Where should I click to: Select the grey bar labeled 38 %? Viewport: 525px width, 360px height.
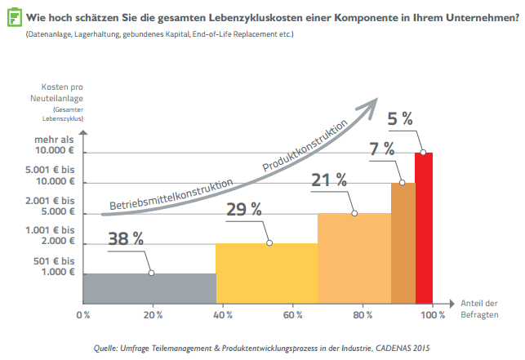pos(149,287)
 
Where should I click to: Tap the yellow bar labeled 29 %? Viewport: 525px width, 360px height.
pos(266,273)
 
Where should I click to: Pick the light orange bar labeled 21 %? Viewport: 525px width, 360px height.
pos(354,257)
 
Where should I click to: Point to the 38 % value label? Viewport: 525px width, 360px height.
pos(126,239)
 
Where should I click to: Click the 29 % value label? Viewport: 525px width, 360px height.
pos(244,209)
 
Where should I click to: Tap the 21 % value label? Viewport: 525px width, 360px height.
pos(330,180)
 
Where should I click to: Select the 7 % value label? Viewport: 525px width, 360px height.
pos(381,149)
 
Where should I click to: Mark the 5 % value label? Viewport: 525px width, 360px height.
pos(399,118)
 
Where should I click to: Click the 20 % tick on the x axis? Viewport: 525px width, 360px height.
pos(152,314)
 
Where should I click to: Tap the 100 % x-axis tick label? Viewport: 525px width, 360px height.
pos(433,314)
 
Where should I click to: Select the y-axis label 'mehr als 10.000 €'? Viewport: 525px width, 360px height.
pos(55,145)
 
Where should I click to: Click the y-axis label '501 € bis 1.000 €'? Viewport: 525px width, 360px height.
pos(55,266)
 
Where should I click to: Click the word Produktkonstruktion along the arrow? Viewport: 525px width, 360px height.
pos(305,144)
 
